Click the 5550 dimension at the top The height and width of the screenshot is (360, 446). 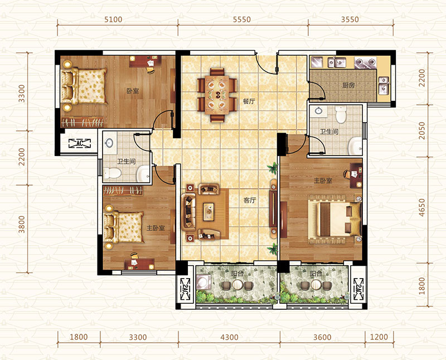[242, 20]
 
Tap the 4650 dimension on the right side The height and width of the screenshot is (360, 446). [422, 207]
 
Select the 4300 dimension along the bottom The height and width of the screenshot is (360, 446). [229, 337]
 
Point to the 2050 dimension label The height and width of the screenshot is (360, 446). [422, 131]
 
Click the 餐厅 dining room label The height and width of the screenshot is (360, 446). [249, 101]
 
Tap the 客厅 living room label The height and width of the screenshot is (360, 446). [249, 200]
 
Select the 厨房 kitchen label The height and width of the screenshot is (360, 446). [348, 85]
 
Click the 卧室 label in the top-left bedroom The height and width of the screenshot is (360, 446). [133, 91]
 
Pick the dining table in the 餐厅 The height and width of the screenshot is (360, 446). [217, 95]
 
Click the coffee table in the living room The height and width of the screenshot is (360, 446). [209, 212]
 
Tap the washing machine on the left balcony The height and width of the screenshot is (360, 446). [203, 283]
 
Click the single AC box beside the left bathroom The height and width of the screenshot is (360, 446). [80, 143]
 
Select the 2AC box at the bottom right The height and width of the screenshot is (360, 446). [357, 289]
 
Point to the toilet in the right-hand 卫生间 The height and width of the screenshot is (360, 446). [341, 114]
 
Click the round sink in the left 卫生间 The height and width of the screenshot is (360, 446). [109, 143]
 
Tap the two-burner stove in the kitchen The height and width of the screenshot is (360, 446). [365, 63]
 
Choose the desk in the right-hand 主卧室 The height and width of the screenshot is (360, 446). [356, 176]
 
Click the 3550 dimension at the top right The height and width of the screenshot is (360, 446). [350, 20]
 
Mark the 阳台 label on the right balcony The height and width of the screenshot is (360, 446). [316, 274]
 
